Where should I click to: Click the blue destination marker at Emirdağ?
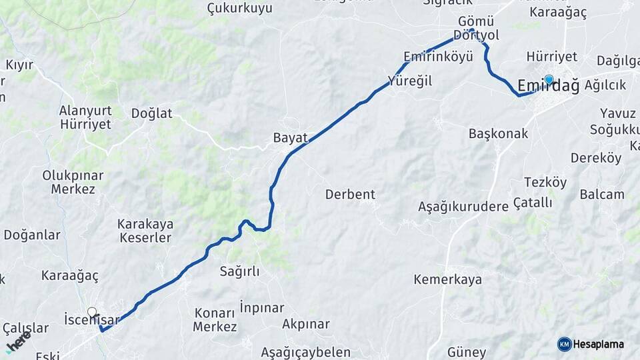[x=549, y=80]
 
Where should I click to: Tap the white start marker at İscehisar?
[x=92, y=311]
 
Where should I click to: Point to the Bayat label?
[x=291, y=138]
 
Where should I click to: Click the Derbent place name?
[x=350, y=195]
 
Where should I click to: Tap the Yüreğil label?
[x=410, y=81]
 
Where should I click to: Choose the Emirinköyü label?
[x=438, y=56]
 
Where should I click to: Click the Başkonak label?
[x=498, y=133]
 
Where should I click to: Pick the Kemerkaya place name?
[x=447, y=279]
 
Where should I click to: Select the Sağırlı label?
[x=239, y=271]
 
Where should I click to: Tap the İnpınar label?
[x=261, y=308]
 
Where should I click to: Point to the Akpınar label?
[x=306, y=324]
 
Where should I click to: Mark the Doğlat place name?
[x=152, y=113]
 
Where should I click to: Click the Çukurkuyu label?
[x=240, y=9]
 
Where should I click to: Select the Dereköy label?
[x=596, y=158]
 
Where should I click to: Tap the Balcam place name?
[x=602, y=195]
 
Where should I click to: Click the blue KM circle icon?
[x=565, y=344]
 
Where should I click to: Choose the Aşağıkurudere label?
[x=463, y=207]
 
